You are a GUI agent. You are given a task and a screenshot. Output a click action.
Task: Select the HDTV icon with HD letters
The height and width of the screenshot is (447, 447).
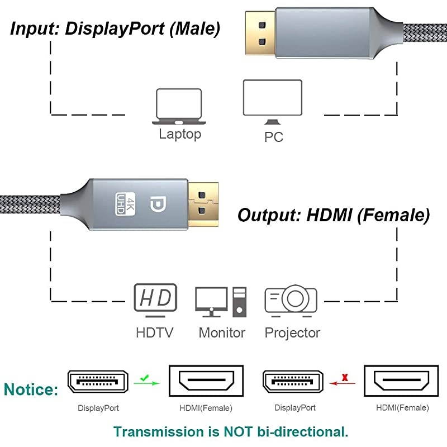coord(155,297)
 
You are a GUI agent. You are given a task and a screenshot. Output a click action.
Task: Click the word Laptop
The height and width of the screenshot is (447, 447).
coord(179,134)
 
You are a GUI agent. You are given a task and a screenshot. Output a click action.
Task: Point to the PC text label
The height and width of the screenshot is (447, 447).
coord(273,137)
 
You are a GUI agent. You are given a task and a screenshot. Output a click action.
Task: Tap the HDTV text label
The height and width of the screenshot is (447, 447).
coord(155,333)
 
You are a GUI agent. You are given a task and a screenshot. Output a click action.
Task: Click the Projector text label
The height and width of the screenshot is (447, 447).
coord(292,333)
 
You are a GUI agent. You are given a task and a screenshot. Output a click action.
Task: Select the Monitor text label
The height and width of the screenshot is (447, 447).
coord(222,333)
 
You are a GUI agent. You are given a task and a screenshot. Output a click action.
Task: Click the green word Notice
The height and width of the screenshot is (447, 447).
coord(31,389)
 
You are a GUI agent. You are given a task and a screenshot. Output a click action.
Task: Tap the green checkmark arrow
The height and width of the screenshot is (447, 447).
coord(148,382)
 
